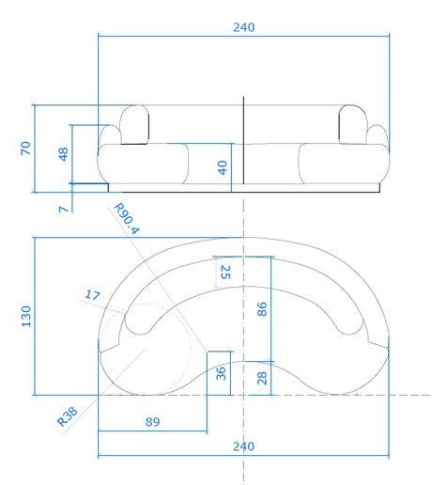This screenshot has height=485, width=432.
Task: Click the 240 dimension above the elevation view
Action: pos(244,27)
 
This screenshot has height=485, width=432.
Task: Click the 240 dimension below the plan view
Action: pos(243,446)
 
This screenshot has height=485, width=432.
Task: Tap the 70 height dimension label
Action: pos(25,149)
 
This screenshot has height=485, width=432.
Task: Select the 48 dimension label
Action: pos(63,154)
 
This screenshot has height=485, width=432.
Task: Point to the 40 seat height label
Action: pos(223,167)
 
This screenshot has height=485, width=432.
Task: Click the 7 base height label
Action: pos(64,210)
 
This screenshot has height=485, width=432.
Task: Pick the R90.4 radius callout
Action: pos(127,219)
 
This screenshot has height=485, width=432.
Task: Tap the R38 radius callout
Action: pos(68,416)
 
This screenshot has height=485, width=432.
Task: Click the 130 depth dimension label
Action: pos(26,317)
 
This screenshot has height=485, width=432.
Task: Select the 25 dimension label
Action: pos(225,273)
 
